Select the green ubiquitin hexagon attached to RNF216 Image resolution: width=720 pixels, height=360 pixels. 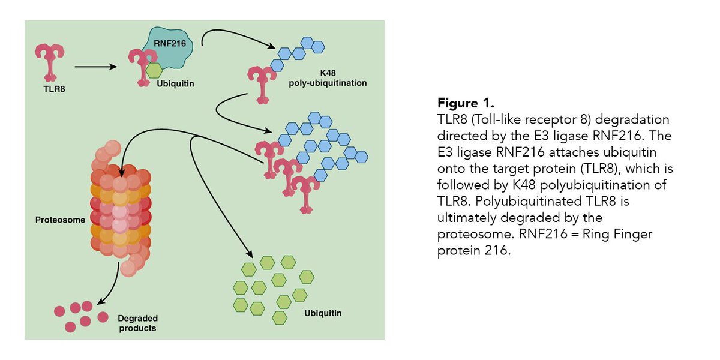coord(155,70)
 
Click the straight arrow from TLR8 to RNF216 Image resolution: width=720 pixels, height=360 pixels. coord(94,67)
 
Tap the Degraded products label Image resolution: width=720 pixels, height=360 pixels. coord(137,324)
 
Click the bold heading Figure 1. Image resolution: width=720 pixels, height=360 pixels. coord(464,102)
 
